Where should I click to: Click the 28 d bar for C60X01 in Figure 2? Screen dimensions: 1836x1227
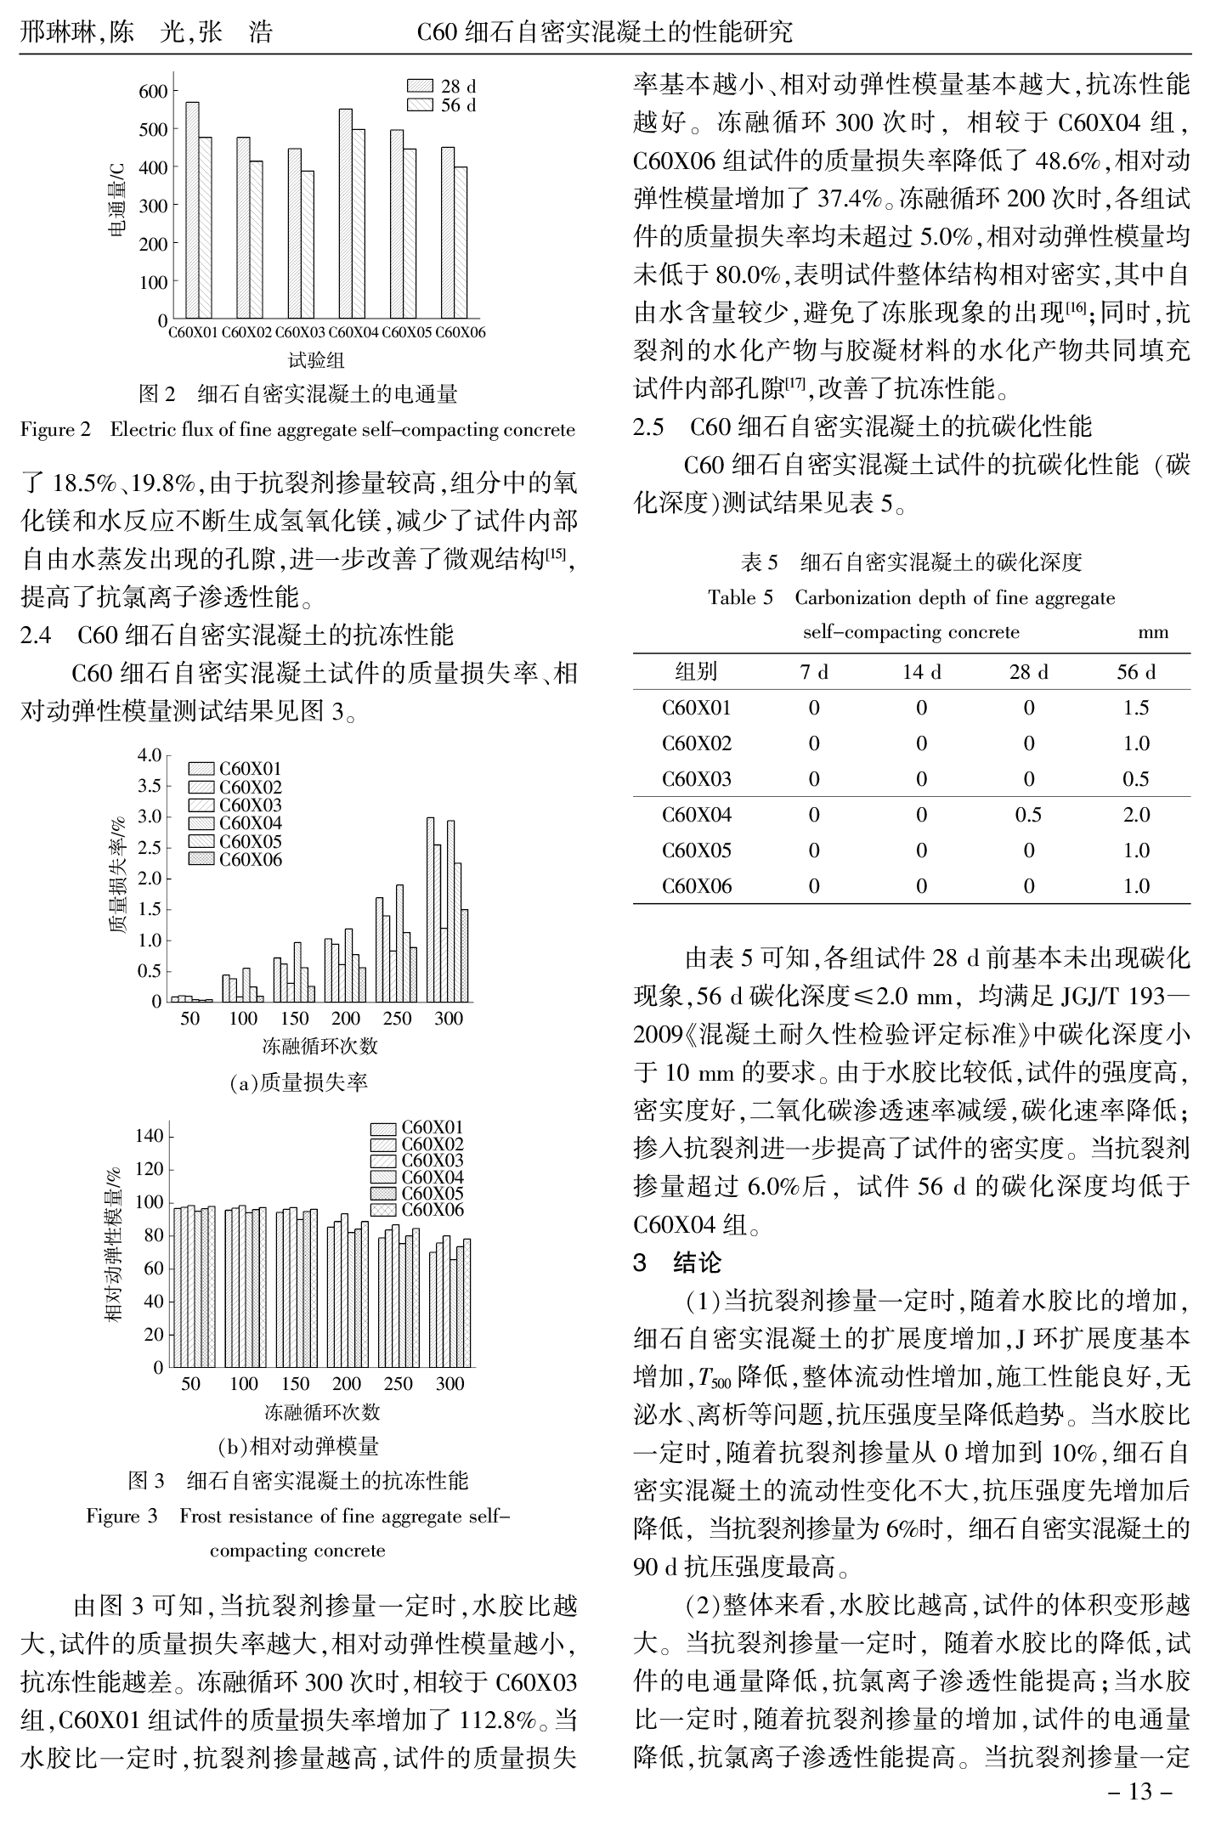point(192,210)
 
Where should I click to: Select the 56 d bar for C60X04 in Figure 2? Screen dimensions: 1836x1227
point(359,224)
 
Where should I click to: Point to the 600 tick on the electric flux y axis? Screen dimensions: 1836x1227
point(153,91)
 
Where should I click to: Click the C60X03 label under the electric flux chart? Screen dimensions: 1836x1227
point(300,332)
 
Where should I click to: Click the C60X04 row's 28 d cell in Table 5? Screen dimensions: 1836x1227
point(1028,815)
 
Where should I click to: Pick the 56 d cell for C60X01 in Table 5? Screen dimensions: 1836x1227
point(1136,708)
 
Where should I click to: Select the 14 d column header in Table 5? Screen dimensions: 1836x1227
point(921,672)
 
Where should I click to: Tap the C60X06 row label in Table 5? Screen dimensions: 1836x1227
point(696,886)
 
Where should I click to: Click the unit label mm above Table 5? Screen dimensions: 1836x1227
point(1153,632)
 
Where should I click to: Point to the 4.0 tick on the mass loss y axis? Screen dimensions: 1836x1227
point(150,755)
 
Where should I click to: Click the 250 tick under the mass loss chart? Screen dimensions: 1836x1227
point(397,1018)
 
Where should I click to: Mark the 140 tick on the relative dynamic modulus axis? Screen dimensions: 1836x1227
point(150,1136)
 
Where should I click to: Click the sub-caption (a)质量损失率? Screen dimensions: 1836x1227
point(298,1082)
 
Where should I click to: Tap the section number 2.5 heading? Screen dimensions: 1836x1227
point(649,426)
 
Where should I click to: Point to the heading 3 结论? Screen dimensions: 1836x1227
point(677,1263)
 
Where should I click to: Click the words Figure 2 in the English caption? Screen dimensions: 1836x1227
point(55,430)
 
